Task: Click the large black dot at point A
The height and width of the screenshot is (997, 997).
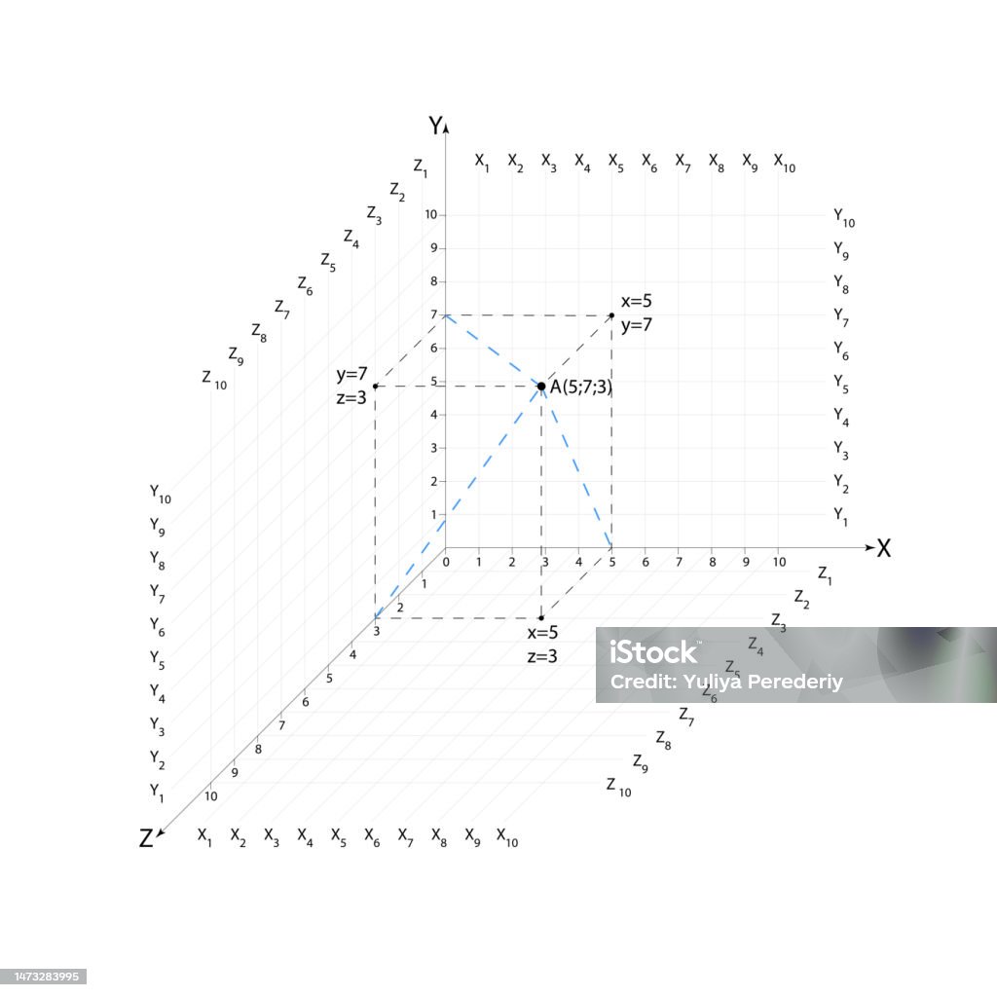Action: pyautogui.click(x=541, y=386)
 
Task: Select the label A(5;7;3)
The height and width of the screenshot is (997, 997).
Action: pyautogui.click(x=581, y=388)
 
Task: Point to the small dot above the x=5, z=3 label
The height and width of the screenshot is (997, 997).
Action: pyautogui.click(x=541, y=617)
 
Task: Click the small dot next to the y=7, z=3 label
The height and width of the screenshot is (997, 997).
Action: pyautogui.click(x=375, y=386)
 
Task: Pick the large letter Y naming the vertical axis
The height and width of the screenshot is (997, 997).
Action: pyautogui.click(x=435, y=126)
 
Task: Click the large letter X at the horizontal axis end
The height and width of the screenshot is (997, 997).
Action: pyautogui.click(x=884, y=548)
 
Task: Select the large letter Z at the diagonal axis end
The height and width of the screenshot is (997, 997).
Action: pyautogui.click(x=146, y=838)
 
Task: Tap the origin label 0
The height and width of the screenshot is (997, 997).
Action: pyautogui.click(x=446, y=562)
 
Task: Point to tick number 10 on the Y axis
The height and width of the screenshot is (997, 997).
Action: pyautogui.click(x=431, y=215)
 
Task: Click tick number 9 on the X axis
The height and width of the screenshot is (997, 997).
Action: pyautogui.click(x=746, y=562)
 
